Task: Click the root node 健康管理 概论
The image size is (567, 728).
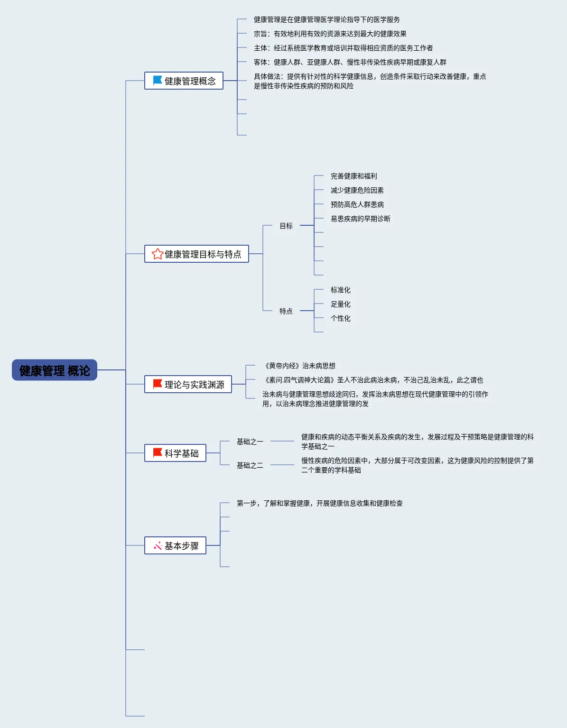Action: pos(55,370)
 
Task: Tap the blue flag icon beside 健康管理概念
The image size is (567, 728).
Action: pos(158,81)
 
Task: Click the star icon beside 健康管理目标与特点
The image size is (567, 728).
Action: pos(158,254)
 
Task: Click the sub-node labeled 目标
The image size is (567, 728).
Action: pos(286,226)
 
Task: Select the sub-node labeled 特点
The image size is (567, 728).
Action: pos(286,311)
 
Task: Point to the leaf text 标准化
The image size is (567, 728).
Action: pos(341,290)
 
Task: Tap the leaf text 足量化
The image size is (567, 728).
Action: pos(341,304)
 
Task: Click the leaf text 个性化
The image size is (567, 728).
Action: pos(341,318)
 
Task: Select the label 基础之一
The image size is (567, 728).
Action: pos(250,442)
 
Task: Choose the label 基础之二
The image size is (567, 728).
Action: pos(250,465)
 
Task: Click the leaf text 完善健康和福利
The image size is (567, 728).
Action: pos(354,176)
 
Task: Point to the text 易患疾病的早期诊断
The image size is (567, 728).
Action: pos(361,219)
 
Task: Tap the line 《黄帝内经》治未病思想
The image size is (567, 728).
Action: pos(300,366)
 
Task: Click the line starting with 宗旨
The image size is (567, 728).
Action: pos(330,34)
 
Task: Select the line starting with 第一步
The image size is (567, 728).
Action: pos(320,503)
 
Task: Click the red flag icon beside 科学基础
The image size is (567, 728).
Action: pos(158,453)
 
